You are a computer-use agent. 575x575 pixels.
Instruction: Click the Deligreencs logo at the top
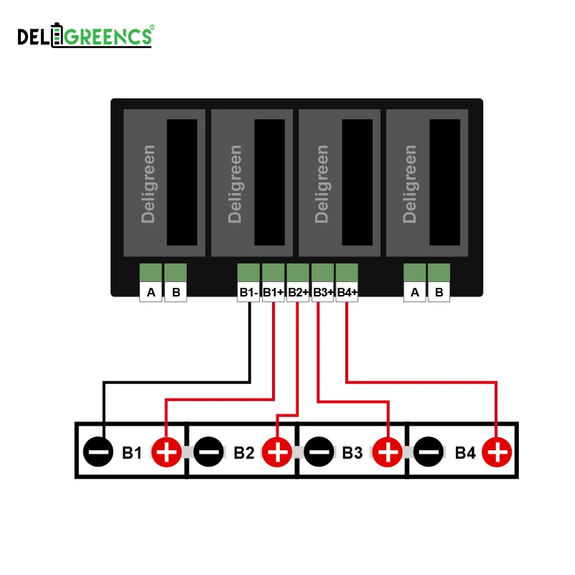point(85,36)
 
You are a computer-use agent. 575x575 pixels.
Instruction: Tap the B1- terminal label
point(248,292)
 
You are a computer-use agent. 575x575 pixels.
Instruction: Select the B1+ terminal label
point(273,292)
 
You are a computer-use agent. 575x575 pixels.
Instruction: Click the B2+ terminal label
point(298,292)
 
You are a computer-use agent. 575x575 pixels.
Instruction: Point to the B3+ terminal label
point(322,292)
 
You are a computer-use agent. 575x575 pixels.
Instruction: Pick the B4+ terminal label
point(347,292)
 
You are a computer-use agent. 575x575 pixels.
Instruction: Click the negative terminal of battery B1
point(98,452)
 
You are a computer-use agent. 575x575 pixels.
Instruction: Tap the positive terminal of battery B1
point(167,452)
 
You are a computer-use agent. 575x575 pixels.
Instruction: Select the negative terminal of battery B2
point(209,452)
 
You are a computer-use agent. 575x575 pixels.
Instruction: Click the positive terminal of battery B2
point(277,452)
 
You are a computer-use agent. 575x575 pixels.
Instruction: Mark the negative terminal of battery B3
point(319,452)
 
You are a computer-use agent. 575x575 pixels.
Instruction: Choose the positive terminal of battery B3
point(388,452)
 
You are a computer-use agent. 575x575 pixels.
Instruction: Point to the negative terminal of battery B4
point(429,452)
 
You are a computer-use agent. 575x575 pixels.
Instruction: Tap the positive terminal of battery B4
point(497,452)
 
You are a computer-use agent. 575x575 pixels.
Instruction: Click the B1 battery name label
point(132,453)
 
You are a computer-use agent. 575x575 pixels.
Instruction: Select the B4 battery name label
point(465,453)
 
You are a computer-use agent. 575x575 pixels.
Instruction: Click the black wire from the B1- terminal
point(248,345)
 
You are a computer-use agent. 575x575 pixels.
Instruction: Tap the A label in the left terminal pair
point(151,292)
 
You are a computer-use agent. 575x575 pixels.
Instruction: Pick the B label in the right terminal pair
point(439,292)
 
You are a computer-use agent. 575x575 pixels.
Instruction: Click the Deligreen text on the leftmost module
point(149,184)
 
